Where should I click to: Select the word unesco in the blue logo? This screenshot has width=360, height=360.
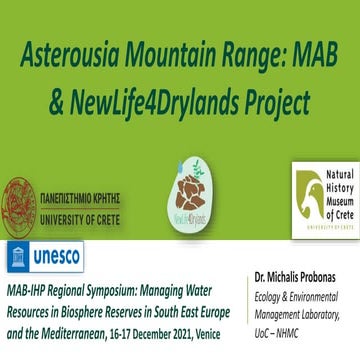(x=57, y=257)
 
